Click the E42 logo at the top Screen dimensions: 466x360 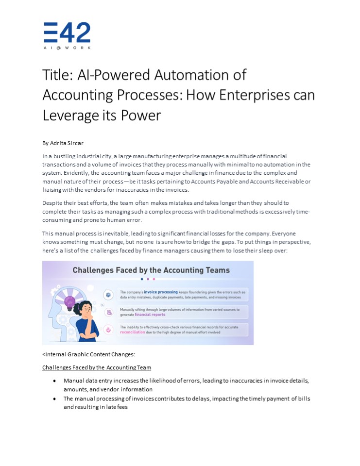point(67,35)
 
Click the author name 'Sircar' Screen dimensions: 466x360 point(74,143)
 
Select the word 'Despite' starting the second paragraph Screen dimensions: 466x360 point(52,202)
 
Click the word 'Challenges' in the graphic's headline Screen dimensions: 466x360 point(94,270)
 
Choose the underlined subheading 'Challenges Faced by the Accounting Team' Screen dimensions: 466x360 point(97,367)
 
